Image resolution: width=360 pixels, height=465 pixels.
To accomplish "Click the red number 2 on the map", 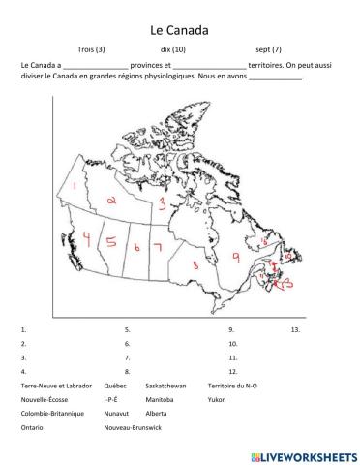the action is [x=112, y=201].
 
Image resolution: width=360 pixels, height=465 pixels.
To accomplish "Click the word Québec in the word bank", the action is [x=116, y=385].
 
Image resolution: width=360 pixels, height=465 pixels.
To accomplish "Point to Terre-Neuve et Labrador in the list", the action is [x=54, y=385].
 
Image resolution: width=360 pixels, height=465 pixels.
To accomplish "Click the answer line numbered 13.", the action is [x=295, y=329].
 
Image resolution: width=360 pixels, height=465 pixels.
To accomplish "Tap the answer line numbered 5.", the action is [x=127, y=329].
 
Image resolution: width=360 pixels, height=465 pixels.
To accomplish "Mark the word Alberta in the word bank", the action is [x=160, y=412].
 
